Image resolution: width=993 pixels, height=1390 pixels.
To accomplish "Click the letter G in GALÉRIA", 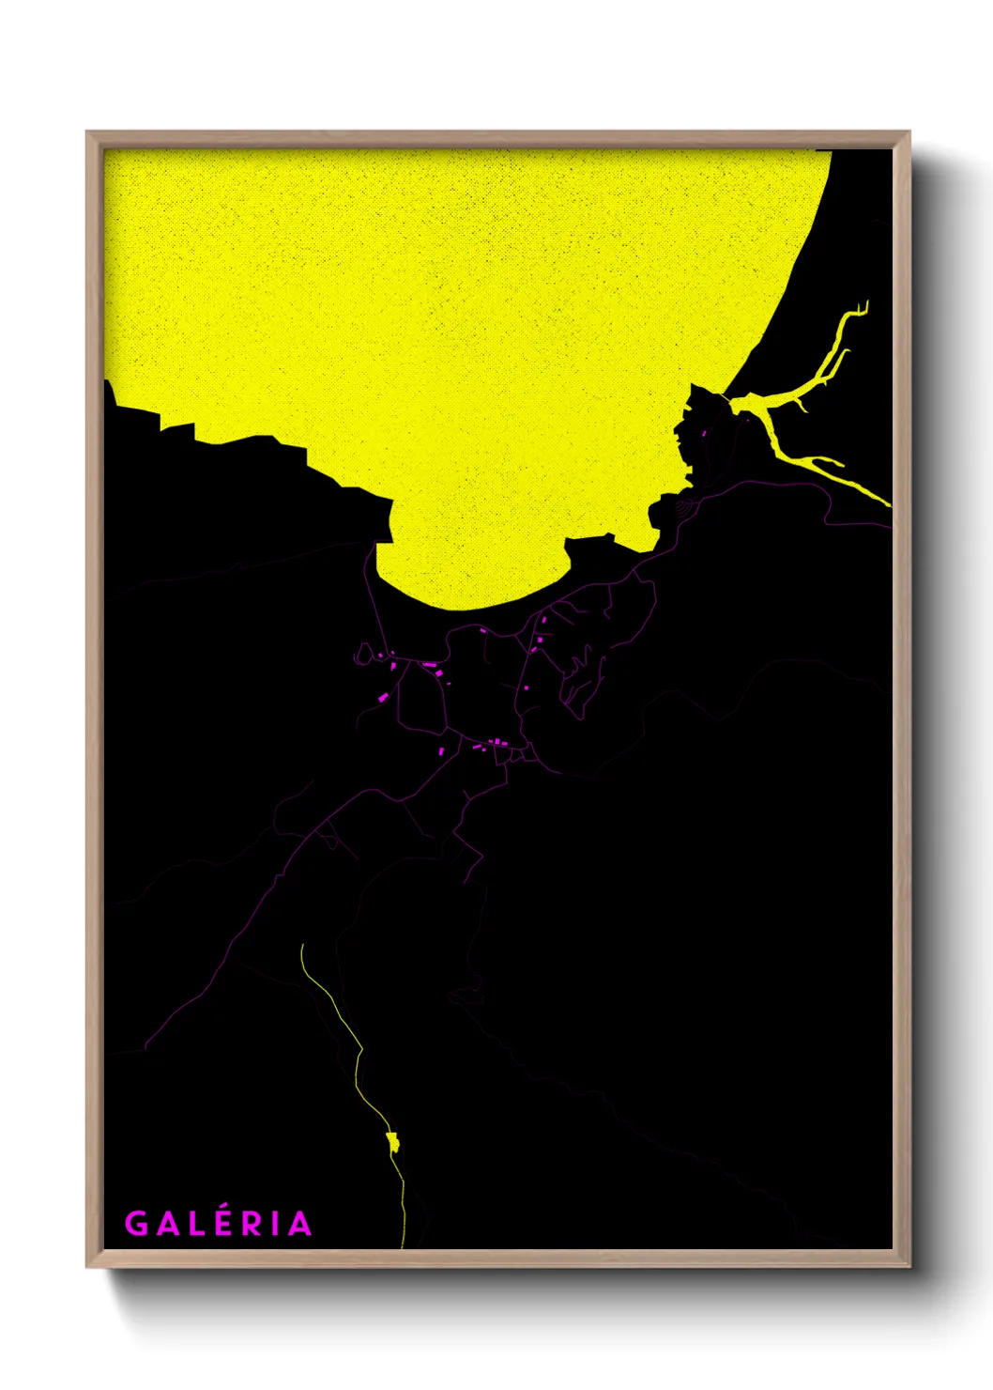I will [x=136, y=1223].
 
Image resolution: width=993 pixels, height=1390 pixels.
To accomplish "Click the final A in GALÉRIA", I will [x=299, y=1223].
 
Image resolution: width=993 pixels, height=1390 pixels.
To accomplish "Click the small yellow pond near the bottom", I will [x=392, y=1142].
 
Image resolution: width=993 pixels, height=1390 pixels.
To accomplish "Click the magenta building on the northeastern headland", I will [x=705, y=434].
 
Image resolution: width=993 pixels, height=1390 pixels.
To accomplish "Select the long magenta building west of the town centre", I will [x=430, y=665].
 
